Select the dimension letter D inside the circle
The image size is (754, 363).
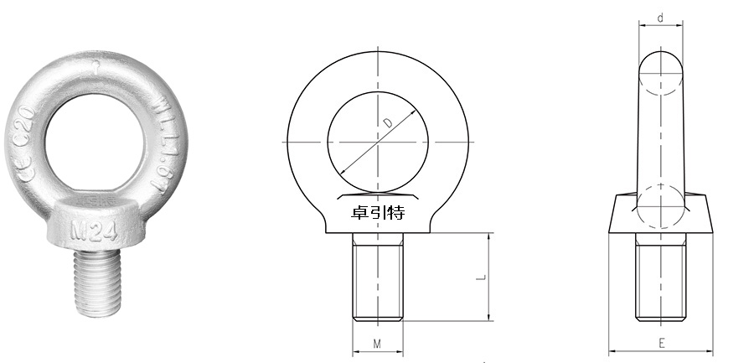click(387, 123)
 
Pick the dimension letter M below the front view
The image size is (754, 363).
click(377, 343)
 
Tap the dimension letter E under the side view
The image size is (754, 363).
click(661, 343)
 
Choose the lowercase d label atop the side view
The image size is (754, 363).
click(661, 17)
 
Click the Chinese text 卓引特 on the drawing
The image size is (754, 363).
click(378, 212)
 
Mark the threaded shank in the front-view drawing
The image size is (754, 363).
click(377, 277)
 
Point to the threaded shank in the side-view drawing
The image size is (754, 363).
click(661, 277)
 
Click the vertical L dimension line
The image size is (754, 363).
click(488, 277)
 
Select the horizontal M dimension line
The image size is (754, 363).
click(377, 352)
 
